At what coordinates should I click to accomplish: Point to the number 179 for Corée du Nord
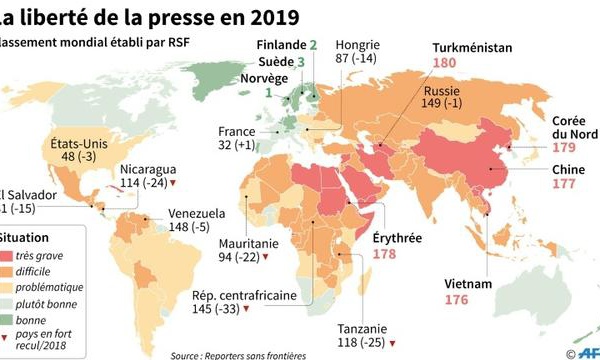[567, 148]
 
